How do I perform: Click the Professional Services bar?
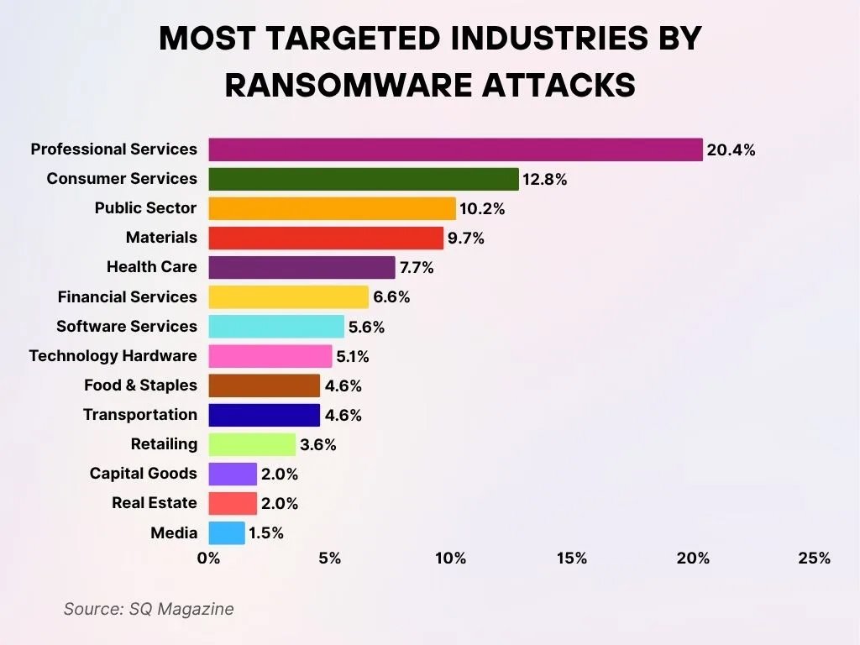tap(455, 149)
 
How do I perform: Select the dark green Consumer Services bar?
tap(364, 179)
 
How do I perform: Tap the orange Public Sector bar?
tap(332, 208)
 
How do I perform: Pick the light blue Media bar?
tap(227, 532)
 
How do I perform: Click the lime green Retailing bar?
tap(252, 444)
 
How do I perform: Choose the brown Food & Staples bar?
tap(265, 385)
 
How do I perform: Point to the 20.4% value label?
tap(731, 150)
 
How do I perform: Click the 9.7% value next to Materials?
tap(466, 239)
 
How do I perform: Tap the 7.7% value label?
tap(417, 268)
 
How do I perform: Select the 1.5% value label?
tap(266, 532)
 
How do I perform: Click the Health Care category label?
tap(152, 267)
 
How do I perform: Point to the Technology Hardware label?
tap(113, 356)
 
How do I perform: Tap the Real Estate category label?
tap(155, 503)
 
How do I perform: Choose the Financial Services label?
tap(127, 296)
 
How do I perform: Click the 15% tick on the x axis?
tap(572, 558)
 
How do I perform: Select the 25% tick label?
tap(814, 558)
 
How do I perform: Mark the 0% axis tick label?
tap(208, 558)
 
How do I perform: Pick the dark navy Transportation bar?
tap(265, 415)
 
